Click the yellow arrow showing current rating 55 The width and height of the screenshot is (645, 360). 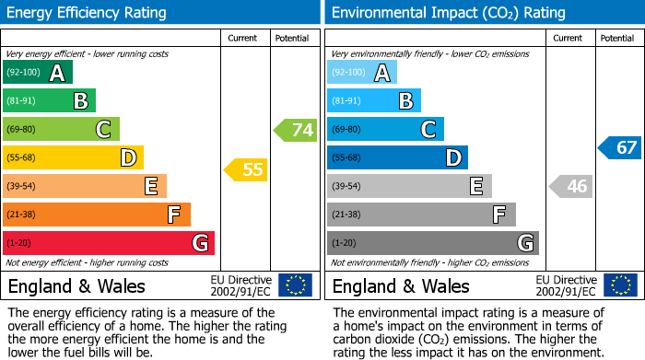(245, 169)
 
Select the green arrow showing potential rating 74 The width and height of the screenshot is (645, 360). (296, 130)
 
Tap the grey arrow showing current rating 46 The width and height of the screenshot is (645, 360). (570, 187)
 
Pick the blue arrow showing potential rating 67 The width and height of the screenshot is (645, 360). (620, 147)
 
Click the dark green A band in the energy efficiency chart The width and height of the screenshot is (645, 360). (37, 73)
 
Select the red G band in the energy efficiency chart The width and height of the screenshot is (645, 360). (109, 243)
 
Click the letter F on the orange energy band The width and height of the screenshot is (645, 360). (173, 215)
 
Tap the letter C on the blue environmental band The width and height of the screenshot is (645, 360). (428, 130)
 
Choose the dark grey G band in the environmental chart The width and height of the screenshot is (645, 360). (432, 243)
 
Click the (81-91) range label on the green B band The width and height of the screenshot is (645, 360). (22, 101)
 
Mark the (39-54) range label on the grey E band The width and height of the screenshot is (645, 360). (347, 187)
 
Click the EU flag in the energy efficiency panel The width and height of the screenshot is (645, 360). (295, 285)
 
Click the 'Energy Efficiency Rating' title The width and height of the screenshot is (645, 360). (88, 13)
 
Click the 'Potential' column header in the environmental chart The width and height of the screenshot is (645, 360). (617, 38)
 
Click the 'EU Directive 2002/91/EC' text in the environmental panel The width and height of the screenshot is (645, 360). (566, 285)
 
